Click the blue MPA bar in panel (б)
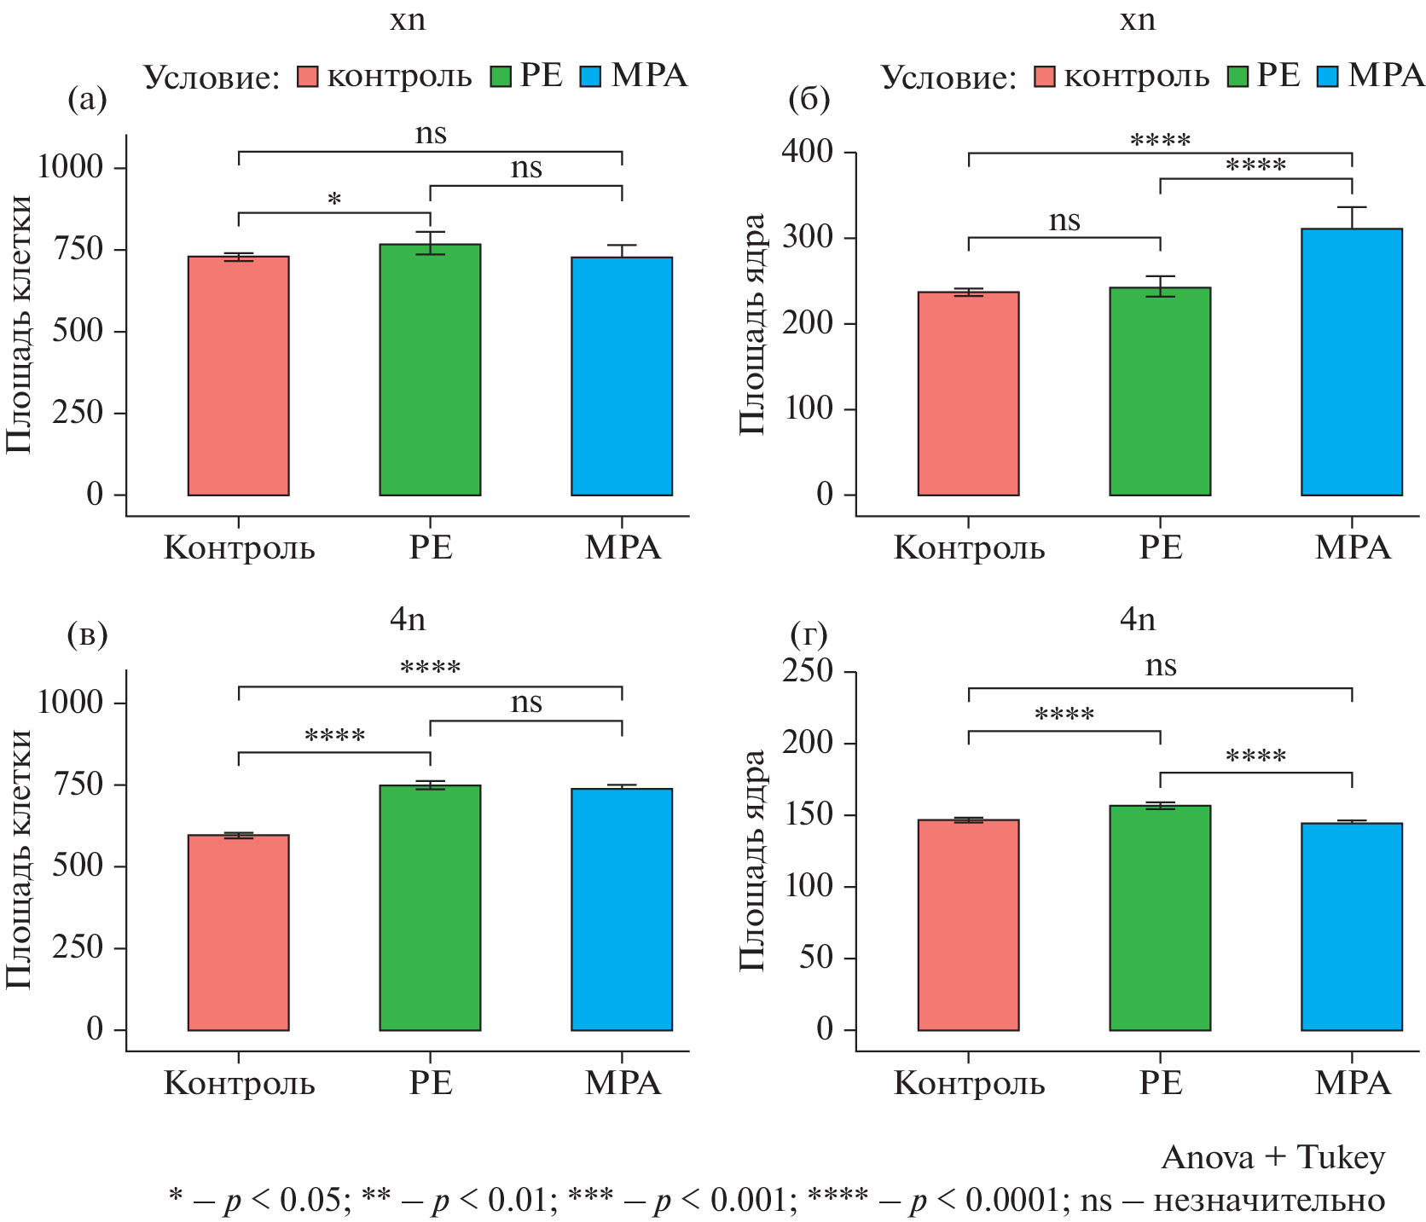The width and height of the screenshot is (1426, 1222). (x=1351, y=362)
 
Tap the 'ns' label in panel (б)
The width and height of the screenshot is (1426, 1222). (x=1064, y=220)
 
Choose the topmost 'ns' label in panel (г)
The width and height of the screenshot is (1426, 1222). (x=1160, y=665)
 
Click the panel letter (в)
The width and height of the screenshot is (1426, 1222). (x=87, y=634)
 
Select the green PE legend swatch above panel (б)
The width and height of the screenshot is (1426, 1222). (x=1238, y=77)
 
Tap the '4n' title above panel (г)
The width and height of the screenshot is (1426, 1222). (x=1138, y=619)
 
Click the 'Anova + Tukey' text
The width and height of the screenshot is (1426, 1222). (x=1272, y=1157)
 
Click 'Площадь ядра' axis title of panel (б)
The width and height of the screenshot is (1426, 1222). (x=752, y=324)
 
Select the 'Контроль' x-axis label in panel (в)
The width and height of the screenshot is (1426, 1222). (x=239, y=1083)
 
